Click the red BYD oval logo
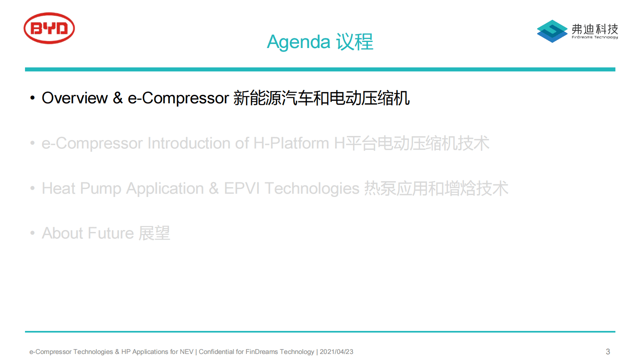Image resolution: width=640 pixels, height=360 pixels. [49, 28]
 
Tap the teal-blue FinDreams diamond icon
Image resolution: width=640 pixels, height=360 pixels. [552, 31]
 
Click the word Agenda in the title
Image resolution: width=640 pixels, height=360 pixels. [298, 42]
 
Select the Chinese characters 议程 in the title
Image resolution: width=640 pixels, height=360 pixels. [354, 42]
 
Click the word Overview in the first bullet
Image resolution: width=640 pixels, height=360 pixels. [75, 98]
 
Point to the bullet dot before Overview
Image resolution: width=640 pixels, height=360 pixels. [32, 98]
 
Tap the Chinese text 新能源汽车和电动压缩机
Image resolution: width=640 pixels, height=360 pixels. [321, 98]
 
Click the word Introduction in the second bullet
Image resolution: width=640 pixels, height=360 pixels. [189, 143]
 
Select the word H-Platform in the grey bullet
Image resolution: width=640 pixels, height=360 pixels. [291, 143]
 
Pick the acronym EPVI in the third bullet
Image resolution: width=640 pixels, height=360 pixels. [242, 188]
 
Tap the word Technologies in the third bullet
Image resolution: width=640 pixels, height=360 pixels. [312, 189]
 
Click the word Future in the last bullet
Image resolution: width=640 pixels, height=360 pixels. [111, 233]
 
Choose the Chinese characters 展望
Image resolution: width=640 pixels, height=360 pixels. [154, 233]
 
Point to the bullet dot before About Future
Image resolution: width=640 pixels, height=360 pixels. [32, 233]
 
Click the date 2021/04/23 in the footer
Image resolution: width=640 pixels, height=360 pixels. [336, 352]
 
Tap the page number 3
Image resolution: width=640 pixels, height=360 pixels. [608, 352]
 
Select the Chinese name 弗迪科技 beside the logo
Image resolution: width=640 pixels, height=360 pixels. [595, 29]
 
